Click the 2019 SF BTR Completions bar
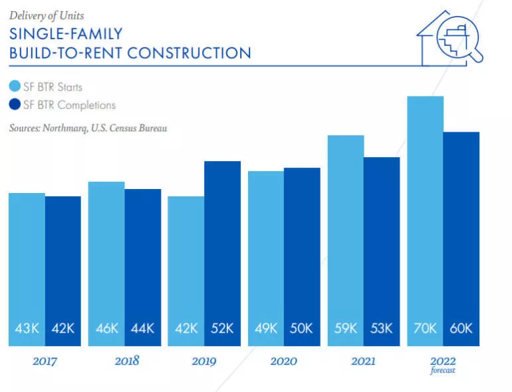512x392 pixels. click(x=222, y=253)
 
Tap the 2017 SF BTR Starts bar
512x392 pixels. click(x=27, y=266)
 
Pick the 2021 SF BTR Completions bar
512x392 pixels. click(x=382, y=250)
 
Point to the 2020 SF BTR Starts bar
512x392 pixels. click(x=266, y=256)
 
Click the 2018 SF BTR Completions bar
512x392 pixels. click(x=143, y=266)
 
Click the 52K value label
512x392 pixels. click(x=222, y=328)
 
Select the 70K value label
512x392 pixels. click(x=425, y=328)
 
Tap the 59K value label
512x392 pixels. click(x=345, y=328)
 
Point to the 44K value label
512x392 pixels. click(x=142, y=328)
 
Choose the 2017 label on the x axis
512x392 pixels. click(x=45, y=361)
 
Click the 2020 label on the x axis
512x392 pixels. click(x=284, y=361)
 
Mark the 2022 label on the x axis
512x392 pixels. click(x=443, y=361)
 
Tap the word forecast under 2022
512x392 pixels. click(x=443, y=371)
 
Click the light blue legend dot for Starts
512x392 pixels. click(x=14, y=87)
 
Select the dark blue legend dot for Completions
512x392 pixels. click(x=14, y=104)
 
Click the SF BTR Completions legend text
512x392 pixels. click(x=69, y=104)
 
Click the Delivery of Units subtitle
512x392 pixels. click(x=47, y=15)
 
